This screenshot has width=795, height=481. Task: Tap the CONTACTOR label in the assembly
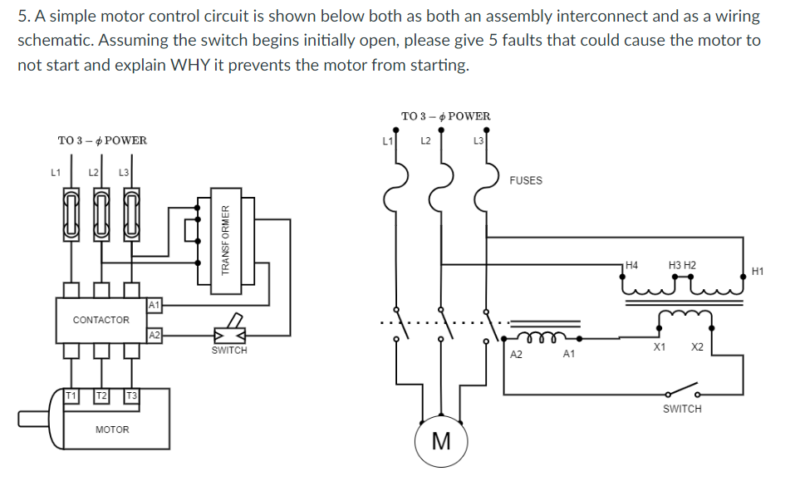pyautogui.click(x=101, y=320)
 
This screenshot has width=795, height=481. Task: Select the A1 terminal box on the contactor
pyautogui.click(x=153, y=306)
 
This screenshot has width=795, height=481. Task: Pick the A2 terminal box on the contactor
pyautogui.click(x=153, y=336)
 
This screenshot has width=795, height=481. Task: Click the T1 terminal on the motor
pyautogui.click(x=74, y=395)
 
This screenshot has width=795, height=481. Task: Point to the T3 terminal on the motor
pyautogui.click(x=131, y=395)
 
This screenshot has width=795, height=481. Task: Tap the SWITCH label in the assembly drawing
pyautogui.click(x=229, y=351)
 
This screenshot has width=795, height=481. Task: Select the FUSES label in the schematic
pyautogui.click(x=525, y=180)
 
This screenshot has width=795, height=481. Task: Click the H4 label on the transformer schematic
pyautogui.click(x=631, y=266)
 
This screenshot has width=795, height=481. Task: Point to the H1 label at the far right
pyautogui.click(x=757, y=271)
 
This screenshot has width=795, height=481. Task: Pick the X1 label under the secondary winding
pyautogui.click(x=659, y=346)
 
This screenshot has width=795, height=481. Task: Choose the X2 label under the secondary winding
pyautogui.click(x=698, y=346)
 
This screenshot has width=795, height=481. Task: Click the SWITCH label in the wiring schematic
pyautogui.click(x=682, y=409)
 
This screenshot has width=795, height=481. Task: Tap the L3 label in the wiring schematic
pyautogui.click(x=478, y=140)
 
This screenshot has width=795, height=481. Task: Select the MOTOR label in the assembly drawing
pyautogui.click(x=112, y=429)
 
